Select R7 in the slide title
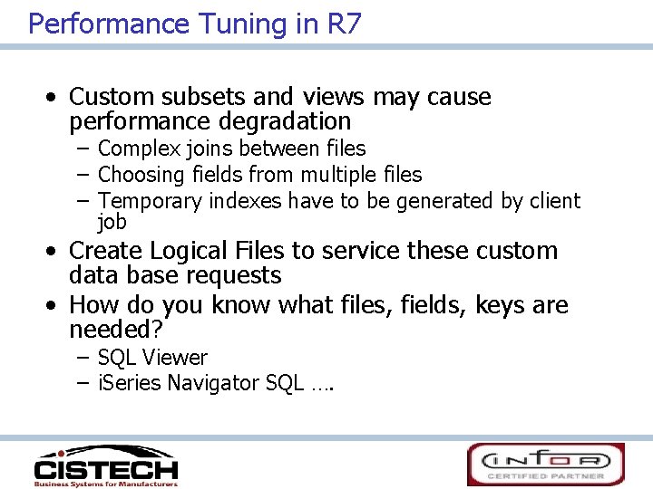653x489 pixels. [x=343, y=24]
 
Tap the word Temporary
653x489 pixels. [x=150, y=200]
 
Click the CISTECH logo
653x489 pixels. [x=106, y=465]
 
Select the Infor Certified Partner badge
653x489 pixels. [x=546, y=464]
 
